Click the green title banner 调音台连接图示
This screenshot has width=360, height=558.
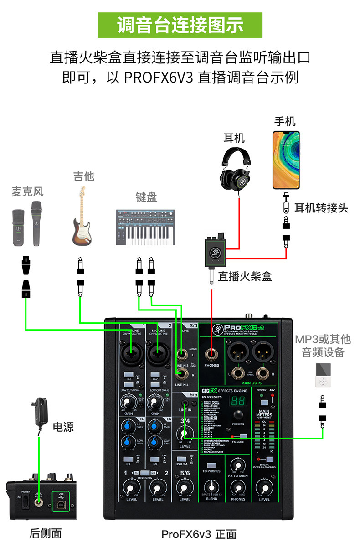point(180,25)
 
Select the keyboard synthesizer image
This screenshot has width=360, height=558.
point(146,227)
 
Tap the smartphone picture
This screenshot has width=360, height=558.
point(286,160)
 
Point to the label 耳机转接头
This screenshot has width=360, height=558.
point(321,208)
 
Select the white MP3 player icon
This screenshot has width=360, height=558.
point(323,376)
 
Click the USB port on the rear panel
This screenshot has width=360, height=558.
point(61,502)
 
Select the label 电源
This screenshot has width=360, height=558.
point(63,427)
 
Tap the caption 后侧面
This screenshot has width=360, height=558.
point(45,532)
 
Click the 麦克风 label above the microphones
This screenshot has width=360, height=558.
point(27,192)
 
